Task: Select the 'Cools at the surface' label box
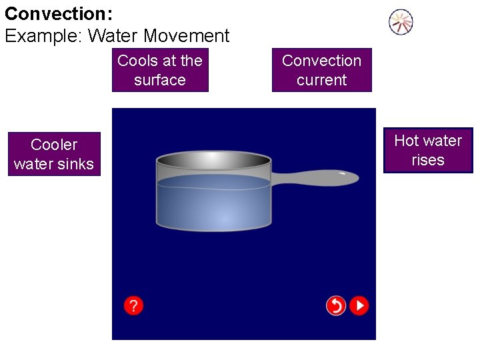[x=160, y=70]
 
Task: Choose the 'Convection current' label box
[x=321, y=70]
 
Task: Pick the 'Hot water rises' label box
[x=428, y=150]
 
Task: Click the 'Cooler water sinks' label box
[x=54, y=154]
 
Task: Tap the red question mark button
[x=133, y=305]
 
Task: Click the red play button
[x=359, y=305]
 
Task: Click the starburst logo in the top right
[x=401, y=23]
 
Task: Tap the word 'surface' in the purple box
[x=160, y=80]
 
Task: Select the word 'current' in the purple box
[x=321, y=80]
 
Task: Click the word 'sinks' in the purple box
[x=77, y=164]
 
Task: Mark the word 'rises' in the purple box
[x=428, y=160]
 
